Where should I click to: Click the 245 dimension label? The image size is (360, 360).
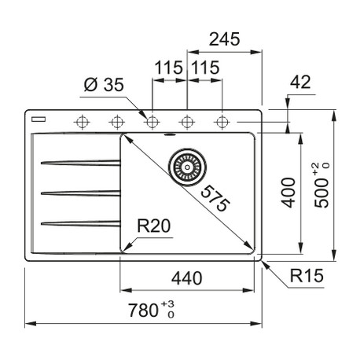[224, 39]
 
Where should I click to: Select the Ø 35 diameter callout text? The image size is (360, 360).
[104, 85]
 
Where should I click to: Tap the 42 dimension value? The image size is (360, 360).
[300, 82]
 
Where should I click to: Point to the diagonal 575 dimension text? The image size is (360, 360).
[215, 198]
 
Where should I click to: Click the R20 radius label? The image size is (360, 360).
[154, 226]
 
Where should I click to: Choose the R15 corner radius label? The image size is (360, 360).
[307, 275]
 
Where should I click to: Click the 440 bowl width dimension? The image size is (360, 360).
[187, 278]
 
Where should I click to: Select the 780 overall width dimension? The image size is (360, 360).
[143, 310]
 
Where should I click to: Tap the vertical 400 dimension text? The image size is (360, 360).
[288, 193]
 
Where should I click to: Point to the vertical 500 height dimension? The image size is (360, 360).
[321, 193]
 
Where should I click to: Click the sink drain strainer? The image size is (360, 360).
[187, 167]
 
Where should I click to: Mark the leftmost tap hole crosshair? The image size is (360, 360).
[82, 122]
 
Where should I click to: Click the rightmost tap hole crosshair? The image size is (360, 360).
[222, 122]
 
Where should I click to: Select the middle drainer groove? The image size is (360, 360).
[81, 193]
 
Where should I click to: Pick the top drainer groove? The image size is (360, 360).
[81, 163]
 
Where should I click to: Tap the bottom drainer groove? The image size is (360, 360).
[81, 223]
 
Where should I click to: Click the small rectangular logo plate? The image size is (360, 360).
[39, 119]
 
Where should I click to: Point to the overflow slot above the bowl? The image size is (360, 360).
[170, 134]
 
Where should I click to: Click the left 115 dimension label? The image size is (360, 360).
[168, 68]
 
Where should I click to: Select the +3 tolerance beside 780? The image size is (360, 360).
[167, 303]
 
